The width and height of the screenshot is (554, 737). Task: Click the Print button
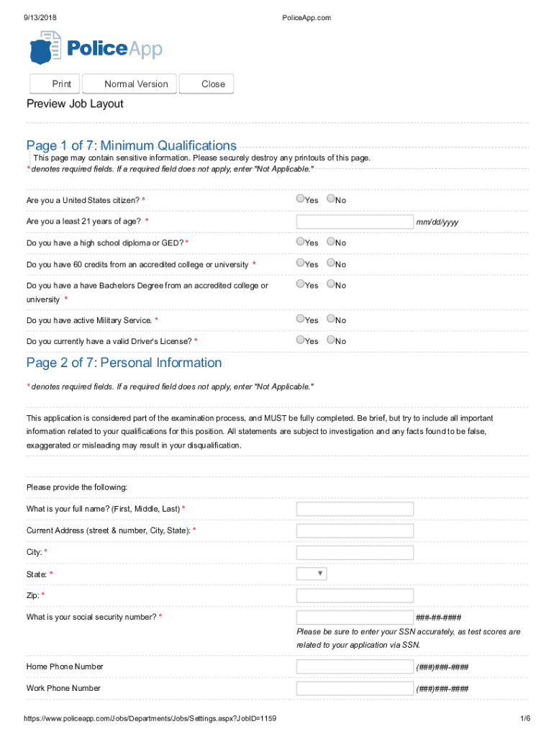coord(55,84)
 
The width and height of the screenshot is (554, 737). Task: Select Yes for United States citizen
coord(300,199)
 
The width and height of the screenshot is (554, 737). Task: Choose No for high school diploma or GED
coord(331,242)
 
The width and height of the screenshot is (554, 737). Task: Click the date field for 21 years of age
coord(355,221)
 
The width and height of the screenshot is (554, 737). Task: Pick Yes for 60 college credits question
coord(300,263)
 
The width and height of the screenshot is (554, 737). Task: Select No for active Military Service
coord(331,319)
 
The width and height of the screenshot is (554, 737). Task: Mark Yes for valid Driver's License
coord(300,340)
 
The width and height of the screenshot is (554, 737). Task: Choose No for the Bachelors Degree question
coord(331,284)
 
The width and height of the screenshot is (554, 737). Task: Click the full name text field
coord(355,510)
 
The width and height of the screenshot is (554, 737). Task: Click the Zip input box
coord(355,596)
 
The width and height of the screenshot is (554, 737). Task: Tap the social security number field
coord(355,618)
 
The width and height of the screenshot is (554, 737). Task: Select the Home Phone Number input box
coord(355,667)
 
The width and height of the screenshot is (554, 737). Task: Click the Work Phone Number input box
coord(355,689)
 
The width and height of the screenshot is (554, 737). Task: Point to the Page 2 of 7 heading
coord(124,363)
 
